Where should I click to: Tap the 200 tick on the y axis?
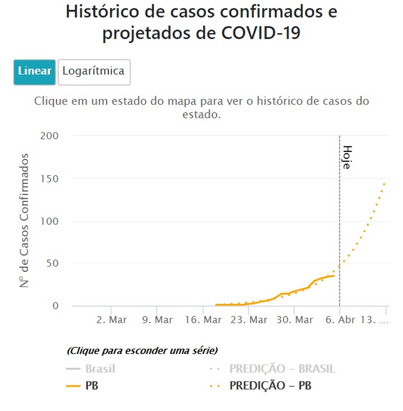49,136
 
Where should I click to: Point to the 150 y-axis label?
49,179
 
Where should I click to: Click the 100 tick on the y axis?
49,221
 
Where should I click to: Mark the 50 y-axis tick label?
52,263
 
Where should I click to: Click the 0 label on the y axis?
55,306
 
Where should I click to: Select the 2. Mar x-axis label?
112,320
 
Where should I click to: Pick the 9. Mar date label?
157,320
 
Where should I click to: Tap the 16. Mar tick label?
203,320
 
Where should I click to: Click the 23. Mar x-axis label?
249,320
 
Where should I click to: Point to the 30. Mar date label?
295,320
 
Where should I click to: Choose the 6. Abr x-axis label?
340,320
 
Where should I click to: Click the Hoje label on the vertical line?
347,157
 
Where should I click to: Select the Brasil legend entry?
100,369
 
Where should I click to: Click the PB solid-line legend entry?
91,386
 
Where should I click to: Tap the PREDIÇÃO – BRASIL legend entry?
282,369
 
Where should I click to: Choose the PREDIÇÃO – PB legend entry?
270,386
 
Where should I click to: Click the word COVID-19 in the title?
261,33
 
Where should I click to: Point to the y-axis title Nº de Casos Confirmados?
24,220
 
